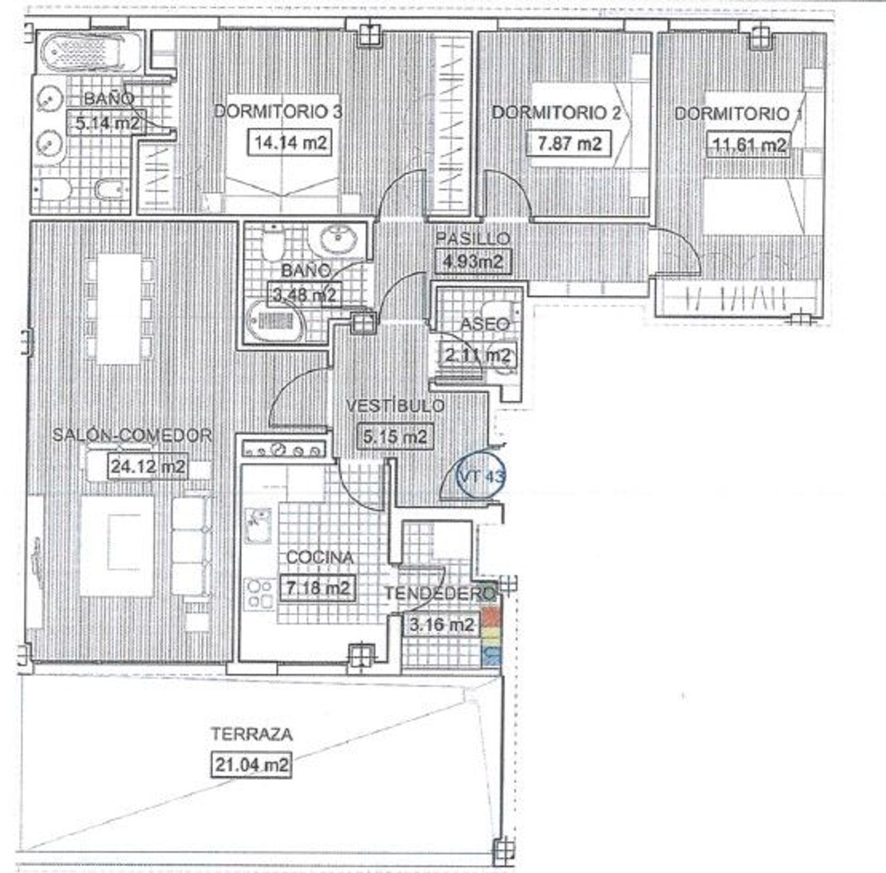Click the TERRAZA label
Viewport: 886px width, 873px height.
[252, 734]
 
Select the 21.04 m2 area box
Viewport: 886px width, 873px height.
[252, 765]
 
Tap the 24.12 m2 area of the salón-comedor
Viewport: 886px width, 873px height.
[148, 467]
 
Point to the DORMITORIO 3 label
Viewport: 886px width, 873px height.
[278, 112]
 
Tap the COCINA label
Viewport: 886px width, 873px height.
[320, 557]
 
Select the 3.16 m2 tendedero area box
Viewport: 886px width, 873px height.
[441, 624]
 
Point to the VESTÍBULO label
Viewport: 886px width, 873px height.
[395, 406]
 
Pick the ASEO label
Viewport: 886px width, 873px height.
[484, 324]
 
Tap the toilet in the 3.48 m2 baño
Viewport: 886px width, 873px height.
[273, 243]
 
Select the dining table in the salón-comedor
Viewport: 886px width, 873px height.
[119, 309]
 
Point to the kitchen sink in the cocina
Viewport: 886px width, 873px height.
[258, 526]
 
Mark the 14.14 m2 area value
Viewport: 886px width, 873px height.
[290, 142]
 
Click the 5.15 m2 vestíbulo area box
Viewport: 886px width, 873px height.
[395, 437]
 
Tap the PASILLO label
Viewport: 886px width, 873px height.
[473, 238]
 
